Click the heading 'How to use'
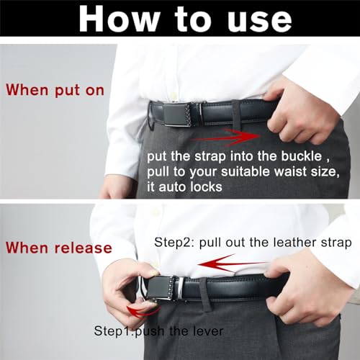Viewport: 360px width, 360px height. tap(180, 20)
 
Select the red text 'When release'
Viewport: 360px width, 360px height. tap(59, 248)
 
